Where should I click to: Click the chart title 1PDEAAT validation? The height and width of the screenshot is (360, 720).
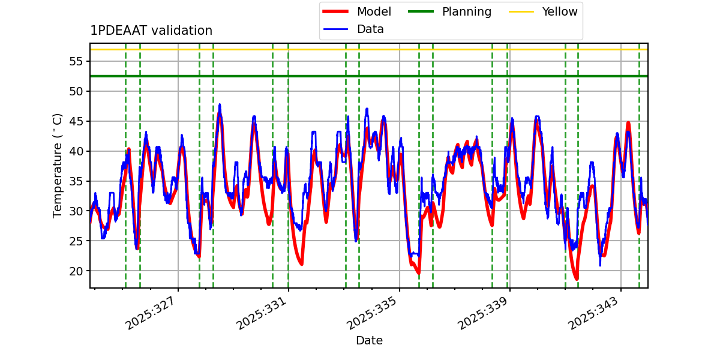click(x=151, y=31)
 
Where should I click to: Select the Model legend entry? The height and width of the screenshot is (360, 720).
click(x=373, y=12)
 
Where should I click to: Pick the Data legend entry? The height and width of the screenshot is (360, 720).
click(x=370, y=29)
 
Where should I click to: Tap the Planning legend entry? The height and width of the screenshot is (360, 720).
click(x=466, y=12)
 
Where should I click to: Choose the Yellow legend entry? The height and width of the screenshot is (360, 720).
click(x=559, y=12)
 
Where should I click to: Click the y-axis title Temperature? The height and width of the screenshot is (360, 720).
click(x=58, y=165)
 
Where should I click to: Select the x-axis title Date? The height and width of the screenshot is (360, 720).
click(x=369, y=341)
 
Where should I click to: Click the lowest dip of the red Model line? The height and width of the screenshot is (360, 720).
click(x=577, y=279)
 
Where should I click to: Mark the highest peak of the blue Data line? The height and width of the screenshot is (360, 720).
click(x=220, y=104)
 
